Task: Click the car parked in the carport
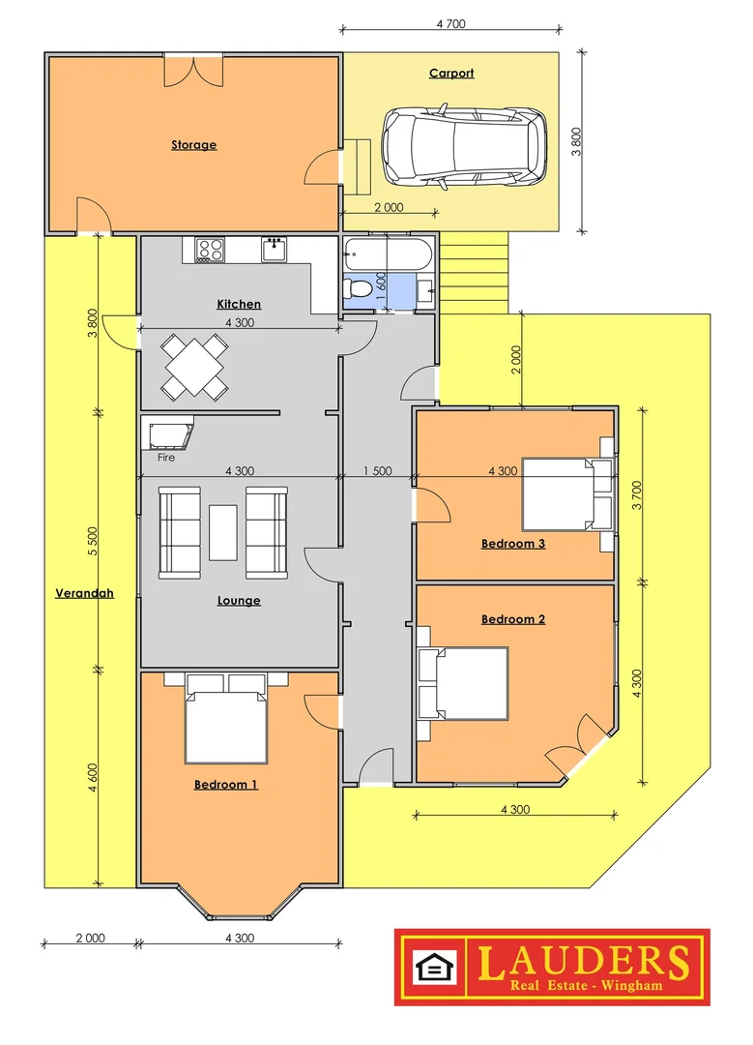[464, 148]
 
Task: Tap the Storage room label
[193, 145]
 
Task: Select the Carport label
[451, 74]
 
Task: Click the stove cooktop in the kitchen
[210, 250]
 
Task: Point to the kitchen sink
[274, 250]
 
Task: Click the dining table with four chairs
[194, 367]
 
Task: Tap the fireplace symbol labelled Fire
[168, 433]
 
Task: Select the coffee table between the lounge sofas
[223, 532]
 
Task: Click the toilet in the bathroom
[358, 288]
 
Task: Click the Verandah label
[84, 593]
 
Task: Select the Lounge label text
[239, 600]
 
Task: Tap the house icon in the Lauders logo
[430, 967]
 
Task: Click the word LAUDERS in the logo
[583, 960]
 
